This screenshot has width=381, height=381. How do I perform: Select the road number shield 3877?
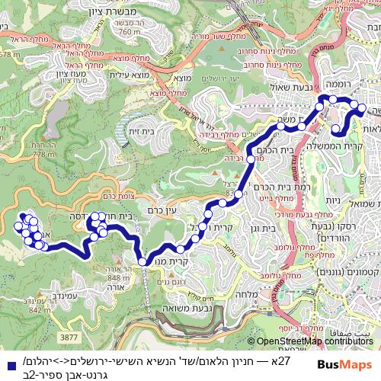point(70,336)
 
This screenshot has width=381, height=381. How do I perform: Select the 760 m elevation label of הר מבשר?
point(130,32)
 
